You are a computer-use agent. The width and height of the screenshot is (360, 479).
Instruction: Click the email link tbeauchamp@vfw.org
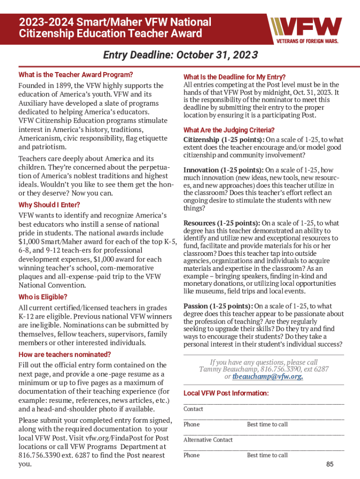[x=267, y=377]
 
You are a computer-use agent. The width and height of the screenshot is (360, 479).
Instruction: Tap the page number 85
[x=330, y=464]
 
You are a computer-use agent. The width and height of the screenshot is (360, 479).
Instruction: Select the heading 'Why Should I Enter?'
[x=49, y=205]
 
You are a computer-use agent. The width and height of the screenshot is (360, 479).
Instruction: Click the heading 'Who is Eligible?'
[x=43, y=297]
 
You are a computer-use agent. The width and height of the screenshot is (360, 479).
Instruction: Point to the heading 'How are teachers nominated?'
[x=65, y=354]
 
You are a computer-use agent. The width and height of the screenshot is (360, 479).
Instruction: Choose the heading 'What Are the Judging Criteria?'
[x=229, y=130]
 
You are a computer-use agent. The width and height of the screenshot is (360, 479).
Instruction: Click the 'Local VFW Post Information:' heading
[x=226, y=393]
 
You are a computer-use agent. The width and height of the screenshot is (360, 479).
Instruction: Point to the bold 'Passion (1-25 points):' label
[x=218, y=306]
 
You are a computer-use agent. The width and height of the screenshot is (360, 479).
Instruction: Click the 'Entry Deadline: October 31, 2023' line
[x=180, y=56]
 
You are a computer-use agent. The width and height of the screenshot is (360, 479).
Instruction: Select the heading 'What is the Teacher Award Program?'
[x=76, y=74]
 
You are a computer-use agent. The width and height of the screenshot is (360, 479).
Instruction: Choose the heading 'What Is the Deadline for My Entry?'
[x=234, y=77]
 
